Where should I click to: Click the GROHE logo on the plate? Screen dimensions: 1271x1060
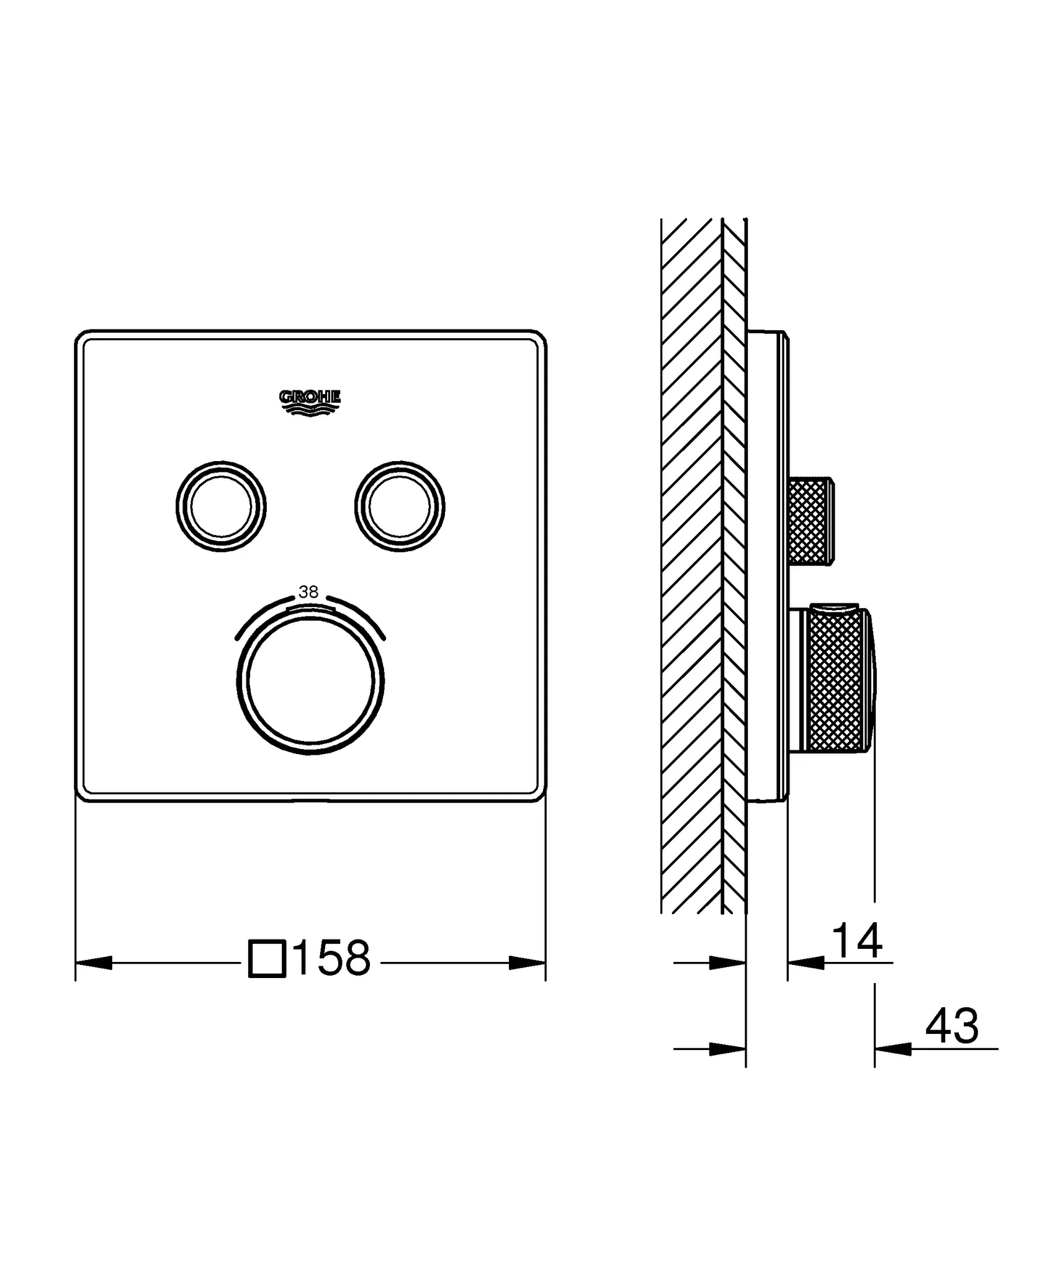[310, 402]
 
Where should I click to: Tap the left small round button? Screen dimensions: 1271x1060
[221, 506]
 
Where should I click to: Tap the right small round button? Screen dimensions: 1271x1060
[399, 506]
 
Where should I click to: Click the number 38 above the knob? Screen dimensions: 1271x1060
[308, 592]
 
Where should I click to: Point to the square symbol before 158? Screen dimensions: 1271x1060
[267, 959]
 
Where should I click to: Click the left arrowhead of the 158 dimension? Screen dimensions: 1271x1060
[93, 963]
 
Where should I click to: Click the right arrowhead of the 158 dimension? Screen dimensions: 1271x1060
[528, 963]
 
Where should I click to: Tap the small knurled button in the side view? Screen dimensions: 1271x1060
[810, 521]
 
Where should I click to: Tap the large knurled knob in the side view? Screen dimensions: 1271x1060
[835, 681]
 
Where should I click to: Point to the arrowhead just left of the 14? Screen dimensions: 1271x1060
[806, 963]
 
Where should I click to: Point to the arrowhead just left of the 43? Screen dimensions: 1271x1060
[892, 1049]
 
